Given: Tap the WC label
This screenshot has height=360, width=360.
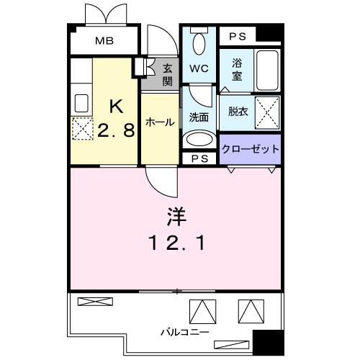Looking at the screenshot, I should (x=198, y=71).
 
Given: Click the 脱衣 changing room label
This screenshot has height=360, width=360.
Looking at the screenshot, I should (x=238, y=112).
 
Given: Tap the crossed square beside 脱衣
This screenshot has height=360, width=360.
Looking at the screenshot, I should (x=266, y=112).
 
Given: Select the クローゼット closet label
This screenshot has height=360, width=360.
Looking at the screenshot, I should (x=249, y=149).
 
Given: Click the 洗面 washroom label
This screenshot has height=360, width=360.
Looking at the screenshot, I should (x=199, y=116).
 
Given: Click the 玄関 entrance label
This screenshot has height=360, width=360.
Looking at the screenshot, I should (x=167, y=73).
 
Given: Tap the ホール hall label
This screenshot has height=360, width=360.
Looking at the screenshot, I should (x=159, y=122).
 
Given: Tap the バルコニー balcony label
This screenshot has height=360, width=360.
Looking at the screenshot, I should (x=185, y=333).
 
